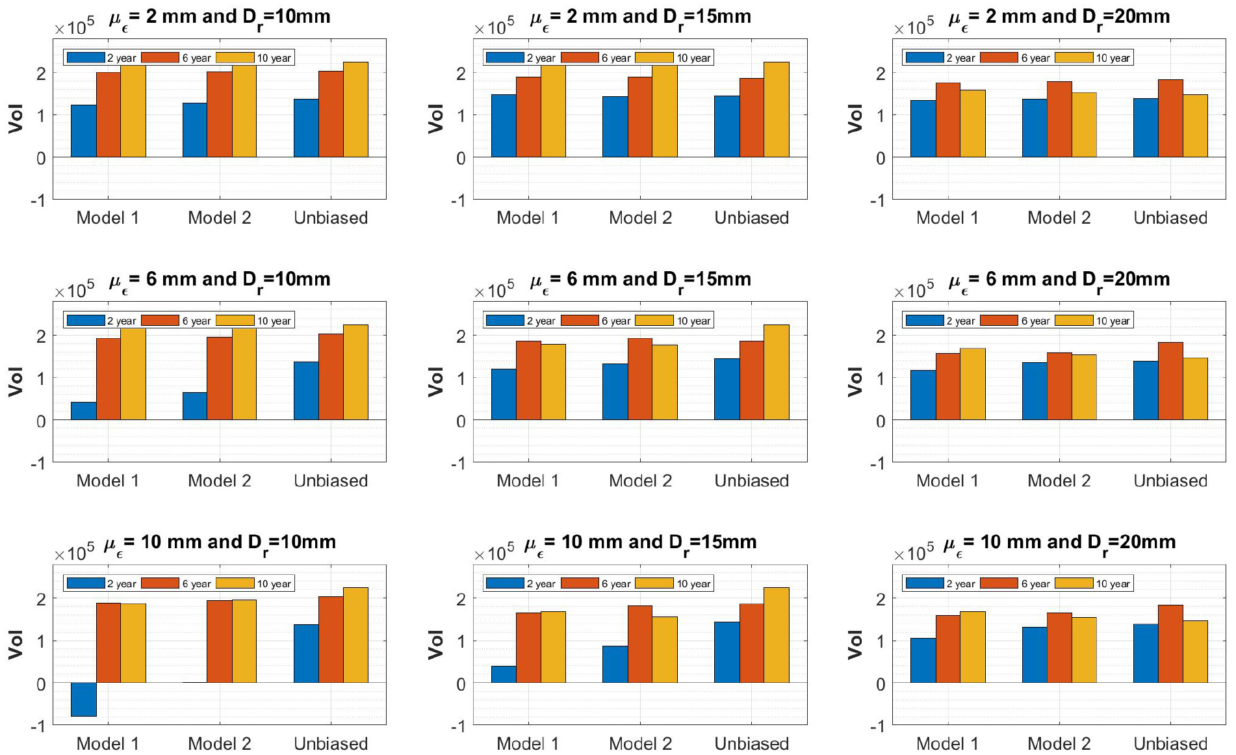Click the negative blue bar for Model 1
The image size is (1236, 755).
[83, 699]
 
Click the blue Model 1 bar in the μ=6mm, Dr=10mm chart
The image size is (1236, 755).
[83, 410]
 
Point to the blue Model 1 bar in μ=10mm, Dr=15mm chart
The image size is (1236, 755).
[504, 674]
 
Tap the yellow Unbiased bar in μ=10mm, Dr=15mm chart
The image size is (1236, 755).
[777, 635]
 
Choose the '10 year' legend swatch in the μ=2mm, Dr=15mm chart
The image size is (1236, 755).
[654, 58]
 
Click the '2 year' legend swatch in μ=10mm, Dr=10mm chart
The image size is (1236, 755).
[86, 583]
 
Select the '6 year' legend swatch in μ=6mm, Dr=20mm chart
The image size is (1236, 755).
[999, 321]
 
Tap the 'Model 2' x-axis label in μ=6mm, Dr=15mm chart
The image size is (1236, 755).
[640, 481]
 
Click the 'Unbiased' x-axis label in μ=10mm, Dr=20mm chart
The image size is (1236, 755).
[1170, 743]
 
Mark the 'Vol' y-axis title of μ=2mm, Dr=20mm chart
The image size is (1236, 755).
[855, 118]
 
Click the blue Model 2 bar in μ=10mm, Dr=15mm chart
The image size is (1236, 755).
[615, 664]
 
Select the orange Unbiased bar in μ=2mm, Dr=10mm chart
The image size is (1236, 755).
[331, 114]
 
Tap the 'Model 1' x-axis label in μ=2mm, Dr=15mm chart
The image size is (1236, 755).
[528, 218]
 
